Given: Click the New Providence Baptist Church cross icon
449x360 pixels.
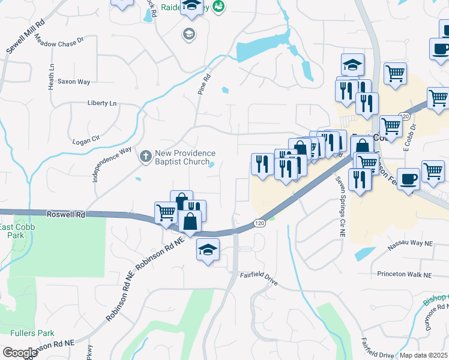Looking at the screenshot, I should click(x=145, y=157).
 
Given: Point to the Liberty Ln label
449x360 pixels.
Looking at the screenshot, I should click(x=101, y=103).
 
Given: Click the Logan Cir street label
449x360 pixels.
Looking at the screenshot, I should click(x=85, y=140).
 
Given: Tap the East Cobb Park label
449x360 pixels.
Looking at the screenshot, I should click(x=13, y=231).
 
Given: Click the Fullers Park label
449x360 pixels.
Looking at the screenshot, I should click(x=32, y=333).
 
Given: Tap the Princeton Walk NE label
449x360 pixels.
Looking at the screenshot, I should click(x=404, y=275).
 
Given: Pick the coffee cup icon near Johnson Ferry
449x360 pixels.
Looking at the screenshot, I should click(x=408, y=179).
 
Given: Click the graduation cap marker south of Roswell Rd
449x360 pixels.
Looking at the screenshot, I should click(x=208, y=250).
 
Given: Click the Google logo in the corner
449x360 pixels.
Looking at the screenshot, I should click(x=20, y=353).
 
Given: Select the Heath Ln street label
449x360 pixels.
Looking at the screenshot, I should click(x=52, y=74).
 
